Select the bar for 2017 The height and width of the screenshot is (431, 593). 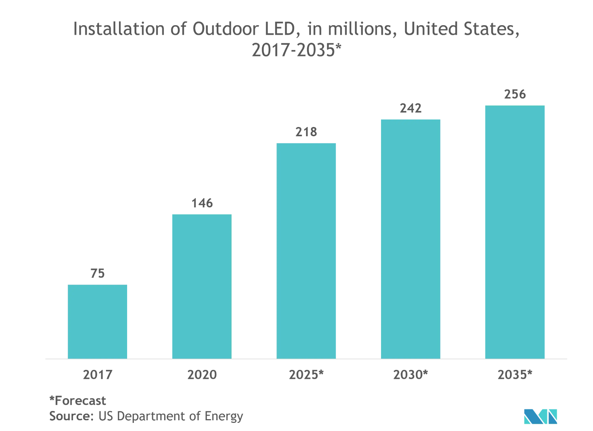point(97,321)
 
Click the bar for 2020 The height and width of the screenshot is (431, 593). point(202,286)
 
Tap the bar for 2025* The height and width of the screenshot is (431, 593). point(306,251)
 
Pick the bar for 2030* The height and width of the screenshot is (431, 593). point(411,239)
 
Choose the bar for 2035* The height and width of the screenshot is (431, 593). point(515,232)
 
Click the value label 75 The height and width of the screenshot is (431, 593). point(97,274)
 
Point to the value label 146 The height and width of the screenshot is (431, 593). point(202,203)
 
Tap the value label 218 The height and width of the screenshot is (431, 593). point(306,132)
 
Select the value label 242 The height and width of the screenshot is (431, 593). point(411,108)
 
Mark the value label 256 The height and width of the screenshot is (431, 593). point(515,94)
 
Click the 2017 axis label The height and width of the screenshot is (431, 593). point(97,375)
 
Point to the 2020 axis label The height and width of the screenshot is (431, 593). point(202,375)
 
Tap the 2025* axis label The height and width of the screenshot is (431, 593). point(306,375)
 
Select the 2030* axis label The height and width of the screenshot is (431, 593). point(411,375)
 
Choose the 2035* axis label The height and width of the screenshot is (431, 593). point(515,375)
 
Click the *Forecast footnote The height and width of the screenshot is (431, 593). point(77,401)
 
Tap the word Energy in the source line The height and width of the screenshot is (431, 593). point(224,417)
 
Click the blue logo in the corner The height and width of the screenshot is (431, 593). point(540,417)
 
